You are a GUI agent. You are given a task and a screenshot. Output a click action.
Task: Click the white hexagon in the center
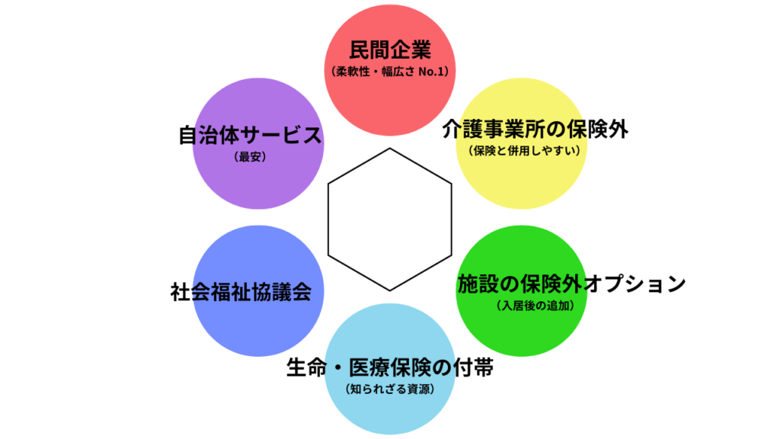coord(390,219)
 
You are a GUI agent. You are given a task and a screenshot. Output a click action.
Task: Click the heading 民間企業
coord(390,50)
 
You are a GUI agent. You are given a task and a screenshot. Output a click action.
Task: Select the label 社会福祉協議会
coord(241,292)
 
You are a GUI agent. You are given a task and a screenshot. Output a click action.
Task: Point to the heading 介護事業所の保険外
coord(535,129)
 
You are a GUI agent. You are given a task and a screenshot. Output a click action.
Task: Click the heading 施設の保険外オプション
coord(571,284)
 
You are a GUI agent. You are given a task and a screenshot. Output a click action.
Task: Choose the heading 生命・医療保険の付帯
coord(390,368)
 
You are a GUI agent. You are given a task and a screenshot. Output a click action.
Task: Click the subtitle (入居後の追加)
coord(534,306)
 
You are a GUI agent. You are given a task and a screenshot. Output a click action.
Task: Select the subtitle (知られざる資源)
coord(390,389)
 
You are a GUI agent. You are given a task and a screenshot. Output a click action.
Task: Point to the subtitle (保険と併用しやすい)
coord(526,149)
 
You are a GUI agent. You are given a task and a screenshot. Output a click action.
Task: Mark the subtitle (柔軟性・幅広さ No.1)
coord(390,72)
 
